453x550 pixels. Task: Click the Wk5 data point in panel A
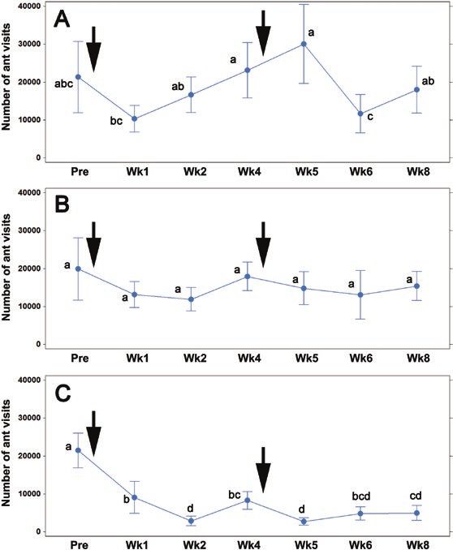tap(304, 44)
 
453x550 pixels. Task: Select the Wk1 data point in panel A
tap(135, 118)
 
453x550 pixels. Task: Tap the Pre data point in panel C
tap(78, 450)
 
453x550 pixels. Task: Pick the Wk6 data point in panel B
tap(360, 294)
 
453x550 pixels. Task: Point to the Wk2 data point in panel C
tap(191, 521)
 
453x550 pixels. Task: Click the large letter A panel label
tap(62, 19)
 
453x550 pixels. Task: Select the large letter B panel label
tap(63, 205)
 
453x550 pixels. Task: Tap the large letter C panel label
tap(63, 394)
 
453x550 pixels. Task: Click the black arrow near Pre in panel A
tap(93, 49)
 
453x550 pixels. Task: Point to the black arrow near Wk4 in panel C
tap(263, 470)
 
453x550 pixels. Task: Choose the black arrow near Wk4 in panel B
tap(263, 244)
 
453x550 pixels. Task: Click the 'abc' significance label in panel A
tap(63, 84)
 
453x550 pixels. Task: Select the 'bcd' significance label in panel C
tap(361, 496)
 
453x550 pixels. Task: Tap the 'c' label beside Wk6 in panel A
tap(370, 117)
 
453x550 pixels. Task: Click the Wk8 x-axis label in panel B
tap(418, 358)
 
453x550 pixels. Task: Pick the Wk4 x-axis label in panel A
tap(249, 171)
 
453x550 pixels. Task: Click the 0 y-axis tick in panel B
tap(38, 344)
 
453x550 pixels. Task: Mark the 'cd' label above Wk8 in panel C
tap(416, 496)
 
